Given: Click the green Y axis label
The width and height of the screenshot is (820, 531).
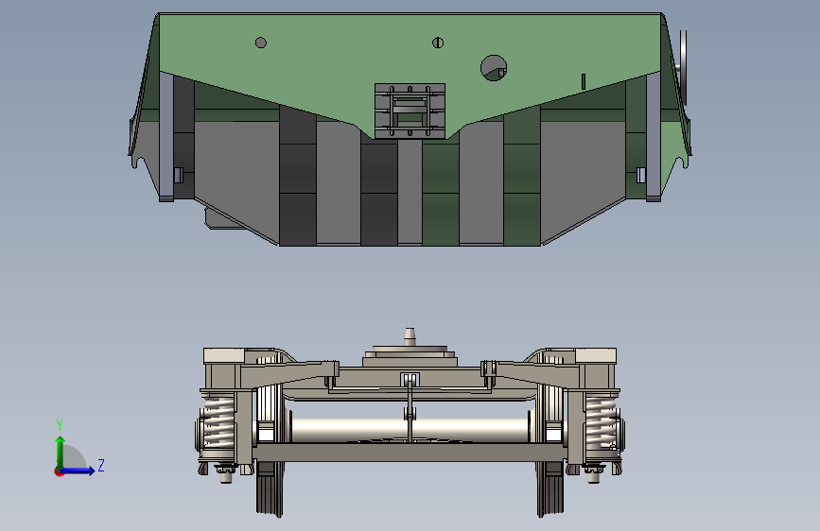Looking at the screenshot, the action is tap(60, 425).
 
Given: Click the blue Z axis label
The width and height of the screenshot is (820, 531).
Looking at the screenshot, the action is tap(101, 465).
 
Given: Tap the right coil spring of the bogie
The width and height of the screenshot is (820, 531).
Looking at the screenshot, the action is tap(602, 423).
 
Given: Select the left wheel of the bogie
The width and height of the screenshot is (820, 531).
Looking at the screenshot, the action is tap(270, 450).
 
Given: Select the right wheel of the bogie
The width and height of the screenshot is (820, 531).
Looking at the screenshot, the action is tap(550, 450).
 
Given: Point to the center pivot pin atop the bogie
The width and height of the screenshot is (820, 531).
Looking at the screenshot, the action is tap(410, 336).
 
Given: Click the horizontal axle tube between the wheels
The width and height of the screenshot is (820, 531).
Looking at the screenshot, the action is tap(410, 430).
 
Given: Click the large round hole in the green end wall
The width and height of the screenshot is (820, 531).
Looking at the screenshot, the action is tap(494, 68).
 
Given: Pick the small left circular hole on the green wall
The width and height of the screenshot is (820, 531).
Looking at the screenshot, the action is tap(261, 43).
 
